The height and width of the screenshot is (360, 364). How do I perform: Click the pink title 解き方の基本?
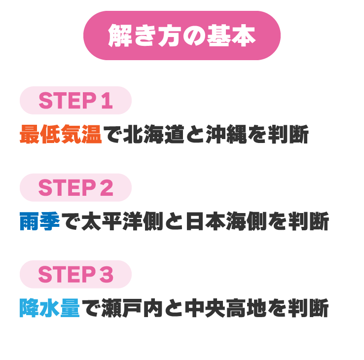click(x=182, y=36)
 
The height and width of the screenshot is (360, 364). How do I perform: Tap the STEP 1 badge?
click(x=75, y=100)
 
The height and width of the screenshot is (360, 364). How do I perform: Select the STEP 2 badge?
click(x=75, y=187)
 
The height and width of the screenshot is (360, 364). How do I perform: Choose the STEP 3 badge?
click(x=75, y=274)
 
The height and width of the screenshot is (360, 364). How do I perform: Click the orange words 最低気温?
click(x=61, y=134)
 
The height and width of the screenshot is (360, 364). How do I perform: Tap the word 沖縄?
click(x=226, y=134)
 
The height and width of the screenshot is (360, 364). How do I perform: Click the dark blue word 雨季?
click(x=40, y=221)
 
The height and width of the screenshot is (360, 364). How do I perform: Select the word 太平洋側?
click(x=122, y=221)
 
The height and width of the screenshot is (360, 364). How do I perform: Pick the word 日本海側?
click(x=226, y=221)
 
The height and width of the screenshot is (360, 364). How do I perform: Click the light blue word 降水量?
click(x=50, y=308)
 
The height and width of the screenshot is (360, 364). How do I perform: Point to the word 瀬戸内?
click(x=132, y=308)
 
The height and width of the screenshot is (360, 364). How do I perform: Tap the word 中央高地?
click(x=225, y=308)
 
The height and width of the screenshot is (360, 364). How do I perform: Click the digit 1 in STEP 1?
click(x=107, y=101)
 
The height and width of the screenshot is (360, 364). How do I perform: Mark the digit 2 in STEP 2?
click(x=107, y=187)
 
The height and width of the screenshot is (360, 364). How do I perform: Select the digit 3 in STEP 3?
click(x=107, y=274)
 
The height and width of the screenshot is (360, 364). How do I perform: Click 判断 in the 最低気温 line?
click(x=288, y=134)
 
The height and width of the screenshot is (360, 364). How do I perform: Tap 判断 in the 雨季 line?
click(x=309, y=221)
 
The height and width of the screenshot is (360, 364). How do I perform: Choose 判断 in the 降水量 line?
click(x=308, y=308)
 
